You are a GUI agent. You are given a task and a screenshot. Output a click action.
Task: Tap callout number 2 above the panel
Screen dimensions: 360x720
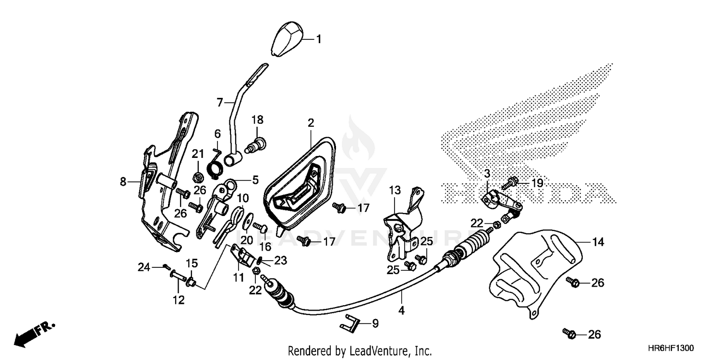(x=311, y=123)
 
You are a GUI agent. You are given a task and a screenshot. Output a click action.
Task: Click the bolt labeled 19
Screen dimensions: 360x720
(x=510, y=183)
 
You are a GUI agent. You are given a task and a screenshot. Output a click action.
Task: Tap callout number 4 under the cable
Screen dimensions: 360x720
(x=401, y=311)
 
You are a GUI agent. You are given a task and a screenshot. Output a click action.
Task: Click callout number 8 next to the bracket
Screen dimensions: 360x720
(x=123, y=182)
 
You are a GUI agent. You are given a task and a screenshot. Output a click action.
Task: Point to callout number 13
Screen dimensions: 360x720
(x=395, y=191)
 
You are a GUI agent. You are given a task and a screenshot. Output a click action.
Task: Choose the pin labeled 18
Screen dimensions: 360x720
(x=257, y=143)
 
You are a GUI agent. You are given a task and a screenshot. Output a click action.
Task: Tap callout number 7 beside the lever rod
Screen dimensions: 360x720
(x=220, y=102)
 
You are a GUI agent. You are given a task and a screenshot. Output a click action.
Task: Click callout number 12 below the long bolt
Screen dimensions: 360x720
(x=179, y=300)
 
